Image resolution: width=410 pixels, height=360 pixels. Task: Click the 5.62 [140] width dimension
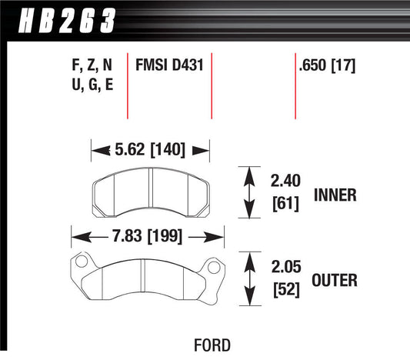(x=151, y=150)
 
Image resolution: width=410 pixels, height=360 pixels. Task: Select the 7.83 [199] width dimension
(x=145, y=237)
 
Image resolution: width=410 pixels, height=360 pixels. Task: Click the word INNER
(x=335, y=195)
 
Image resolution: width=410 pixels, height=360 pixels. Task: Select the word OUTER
(x=335, y=281)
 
